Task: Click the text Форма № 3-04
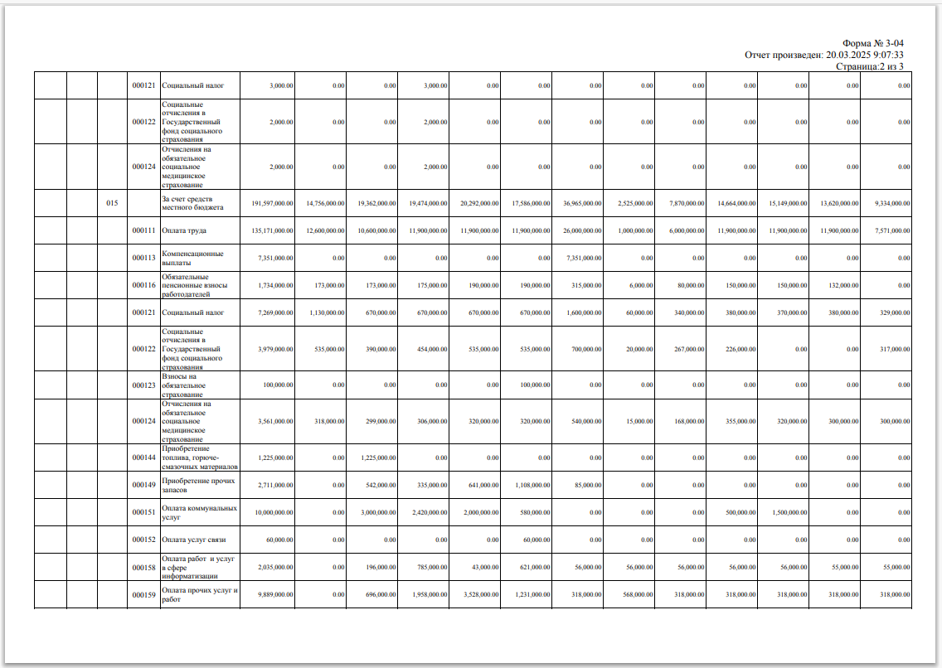tap(872, 43)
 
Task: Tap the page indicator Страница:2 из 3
tap(869, 66)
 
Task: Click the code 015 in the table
tap(112, 203)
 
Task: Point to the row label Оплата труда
tap(184, 230)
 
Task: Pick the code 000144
tap(143, 457)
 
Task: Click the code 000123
tap(143, 385)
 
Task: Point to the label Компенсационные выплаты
tap(193, 258)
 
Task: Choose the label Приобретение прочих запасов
tap(198, 485)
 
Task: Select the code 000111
tap(143, 230)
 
